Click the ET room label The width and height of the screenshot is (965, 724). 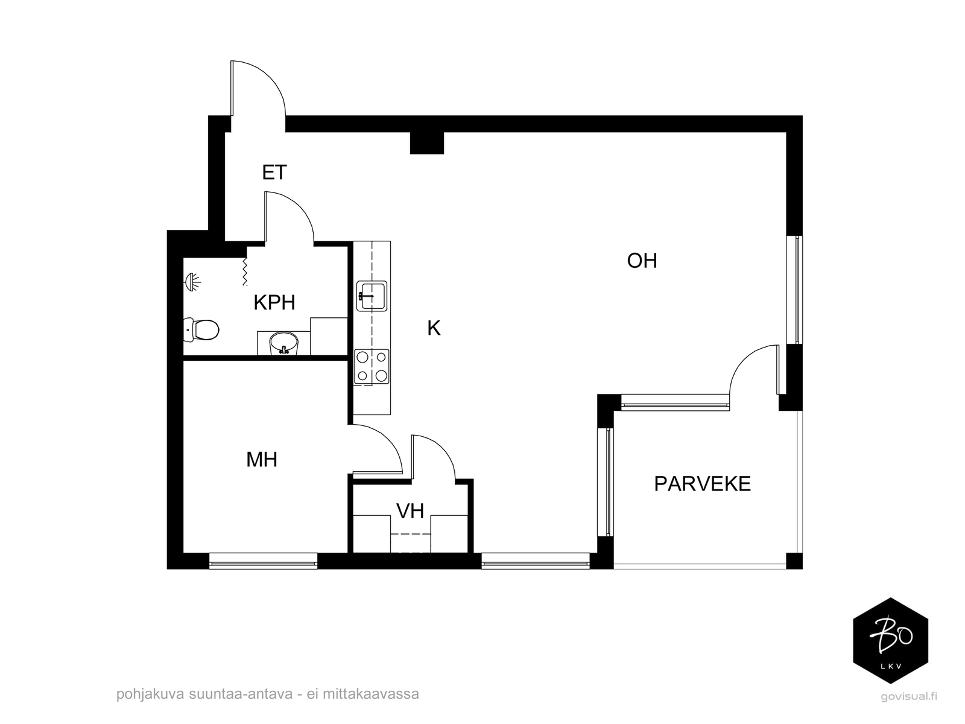pos(274,173)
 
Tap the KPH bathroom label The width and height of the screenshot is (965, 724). pos(274,303)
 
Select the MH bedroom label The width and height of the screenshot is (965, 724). pos(262,460)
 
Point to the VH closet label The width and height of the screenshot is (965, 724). pos(410,511)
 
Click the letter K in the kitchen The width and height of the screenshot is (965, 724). pos(434,328)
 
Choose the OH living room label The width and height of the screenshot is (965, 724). pos(642,261)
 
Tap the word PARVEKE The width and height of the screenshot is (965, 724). pos(702,484)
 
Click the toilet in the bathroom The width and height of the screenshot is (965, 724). pos(201,329)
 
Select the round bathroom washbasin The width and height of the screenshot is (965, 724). pos(283,343)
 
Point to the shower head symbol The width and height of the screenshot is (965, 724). pos(192,281)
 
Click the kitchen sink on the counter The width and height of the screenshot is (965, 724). pos(372,296)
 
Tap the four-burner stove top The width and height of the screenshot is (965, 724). pos(372,367)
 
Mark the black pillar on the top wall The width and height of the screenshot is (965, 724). pos(427,143)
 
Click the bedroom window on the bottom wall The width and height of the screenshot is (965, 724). pos(264,561)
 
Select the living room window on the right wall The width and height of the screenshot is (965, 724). pos(794,290)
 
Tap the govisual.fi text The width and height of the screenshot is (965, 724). pos(909,696)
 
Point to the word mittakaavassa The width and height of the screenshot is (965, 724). pos(370,694)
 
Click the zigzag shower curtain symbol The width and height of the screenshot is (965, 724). pos(245,271)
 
